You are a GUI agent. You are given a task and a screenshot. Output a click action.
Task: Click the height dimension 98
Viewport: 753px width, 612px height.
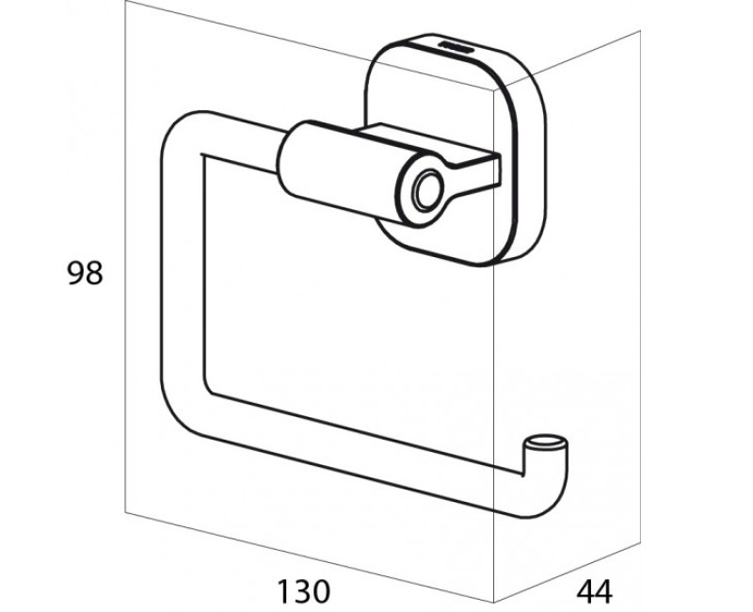(x=85, y=273)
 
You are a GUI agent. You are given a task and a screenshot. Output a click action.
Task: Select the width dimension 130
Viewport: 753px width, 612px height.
(x=304, y=591)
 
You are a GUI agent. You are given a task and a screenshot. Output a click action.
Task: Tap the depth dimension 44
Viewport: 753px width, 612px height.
(x=595, y=591)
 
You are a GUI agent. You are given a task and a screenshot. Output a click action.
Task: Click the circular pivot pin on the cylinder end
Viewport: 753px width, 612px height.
(x=427, y=190)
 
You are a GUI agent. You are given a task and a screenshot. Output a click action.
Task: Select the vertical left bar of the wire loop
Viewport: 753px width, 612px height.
(x=183, y=269)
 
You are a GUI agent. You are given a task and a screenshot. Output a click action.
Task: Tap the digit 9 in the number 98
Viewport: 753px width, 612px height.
(x=75, y=273)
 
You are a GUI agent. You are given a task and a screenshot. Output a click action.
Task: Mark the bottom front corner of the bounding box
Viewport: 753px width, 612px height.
(x=494, y=602)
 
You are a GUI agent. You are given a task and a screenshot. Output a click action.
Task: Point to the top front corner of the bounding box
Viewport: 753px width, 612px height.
(x=494, y=89)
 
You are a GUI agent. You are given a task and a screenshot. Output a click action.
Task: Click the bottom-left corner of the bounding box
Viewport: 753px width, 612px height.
(x=125, y=512)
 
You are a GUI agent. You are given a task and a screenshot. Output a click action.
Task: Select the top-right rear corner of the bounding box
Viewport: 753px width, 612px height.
(x=640, y=30)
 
